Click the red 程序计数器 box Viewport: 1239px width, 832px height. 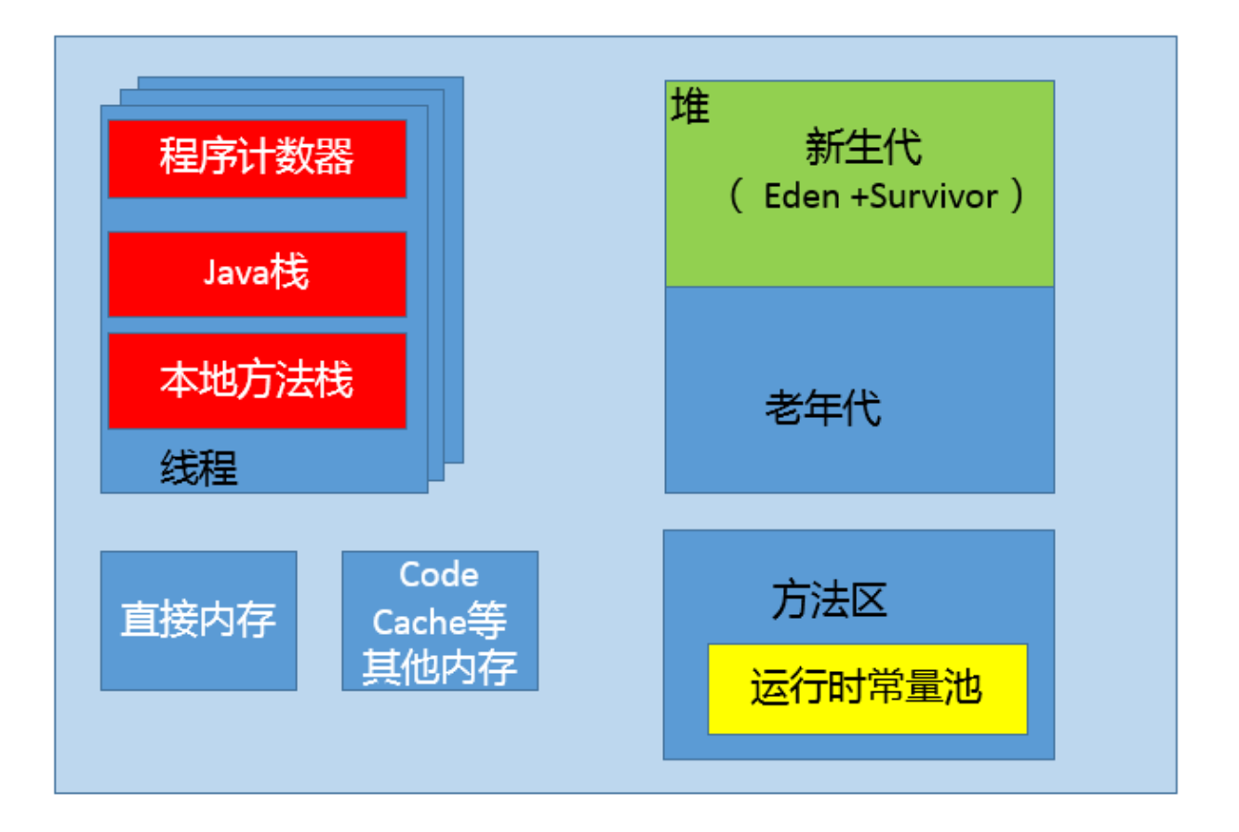point(257,158)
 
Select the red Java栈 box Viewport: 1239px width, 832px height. point(257,274)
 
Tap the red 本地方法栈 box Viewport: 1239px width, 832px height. point(257,381)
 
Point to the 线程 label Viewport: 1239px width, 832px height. point(199,469)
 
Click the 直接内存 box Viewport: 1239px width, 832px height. point(198,621)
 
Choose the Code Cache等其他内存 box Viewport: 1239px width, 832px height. point(440,621)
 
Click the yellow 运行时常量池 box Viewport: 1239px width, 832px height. point(867,689)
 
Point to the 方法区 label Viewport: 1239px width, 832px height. point(829,601)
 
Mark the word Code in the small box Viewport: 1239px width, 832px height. point(439,574)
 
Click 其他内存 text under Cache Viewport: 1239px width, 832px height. point(440,667)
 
